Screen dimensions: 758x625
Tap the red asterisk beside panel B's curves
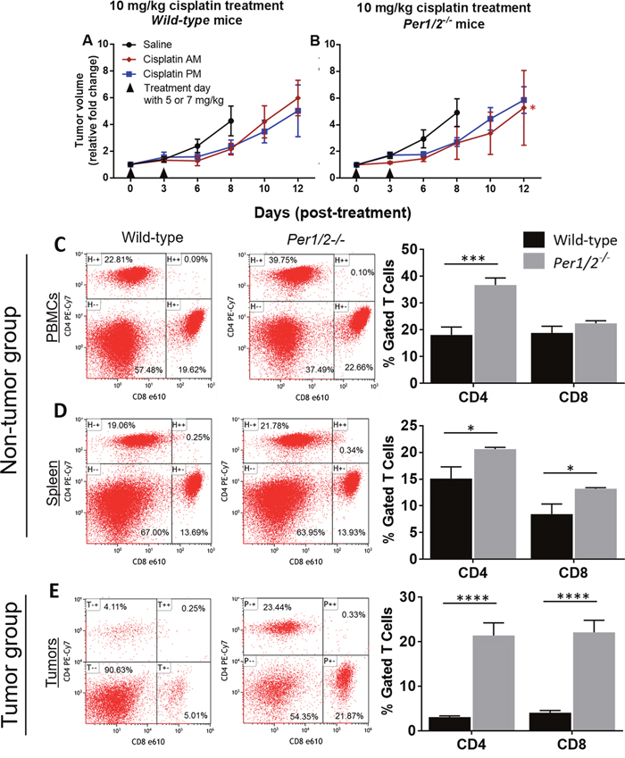(532, 109)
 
